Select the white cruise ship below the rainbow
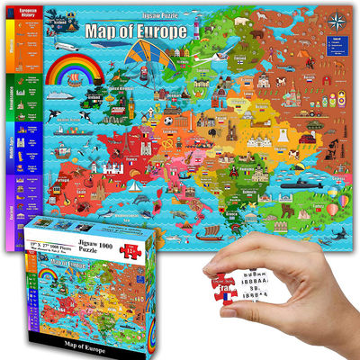point(56,94)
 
